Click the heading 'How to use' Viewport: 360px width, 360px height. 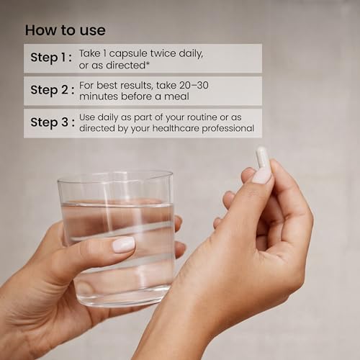[66, 30]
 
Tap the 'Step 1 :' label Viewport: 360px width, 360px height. [51, 58]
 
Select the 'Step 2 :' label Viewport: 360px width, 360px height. [53, 90]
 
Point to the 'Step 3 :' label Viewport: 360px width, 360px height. [53, 122]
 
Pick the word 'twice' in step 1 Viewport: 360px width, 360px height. [163, 53]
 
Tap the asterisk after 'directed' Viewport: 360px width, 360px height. [148, 63]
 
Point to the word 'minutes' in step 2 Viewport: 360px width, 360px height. [99, 96]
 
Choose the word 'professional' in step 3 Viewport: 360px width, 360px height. [228, 129]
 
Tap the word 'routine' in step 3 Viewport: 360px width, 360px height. [202, 117]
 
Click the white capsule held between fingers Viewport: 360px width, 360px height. [262, 158]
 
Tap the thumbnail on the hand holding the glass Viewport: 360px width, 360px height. [124, 245]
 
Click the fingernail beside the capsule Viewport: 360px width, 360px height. [262, 176]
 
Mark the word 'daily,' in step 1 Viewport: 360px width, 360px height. [191, 54]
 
